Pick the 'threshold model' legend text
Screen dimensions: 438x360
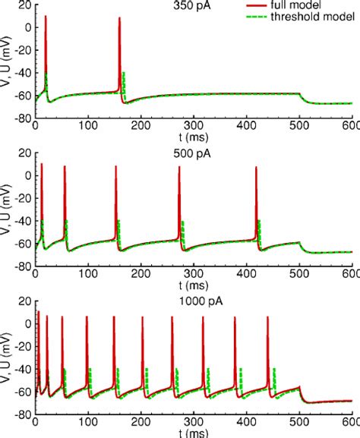(x=312, y=17)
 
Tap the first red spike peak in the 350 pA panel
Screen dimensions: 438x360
(x=46, y=17)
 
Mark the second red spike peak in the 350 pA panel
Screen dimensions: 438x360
(x=120, y=18)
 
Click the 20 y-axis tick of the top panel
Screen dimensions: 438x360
(x=24, y=5)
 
